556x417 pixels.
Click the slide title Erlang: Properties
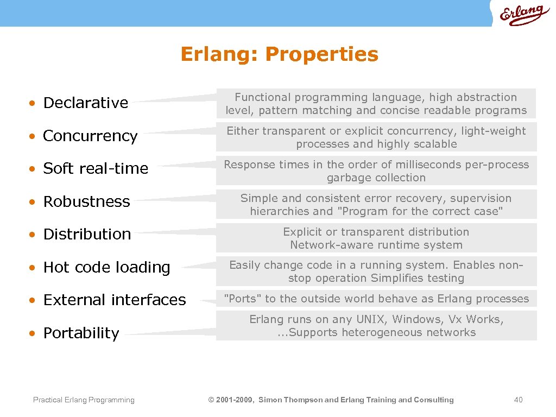click(279, 54)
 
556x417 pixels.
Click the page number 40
click(518, 400)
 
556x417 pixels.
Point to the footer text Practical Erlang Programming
click(84, 400)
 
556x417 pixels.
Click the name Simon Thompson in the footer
click(290, 400)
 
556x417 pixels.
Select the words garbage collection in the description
click(376, 178)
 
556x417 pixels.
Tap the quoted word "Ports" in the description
click(243, 299)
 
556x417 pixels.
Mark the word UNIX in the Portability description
click(368, 319)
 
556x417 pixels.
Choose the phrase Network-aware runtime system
click(376, 245)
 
